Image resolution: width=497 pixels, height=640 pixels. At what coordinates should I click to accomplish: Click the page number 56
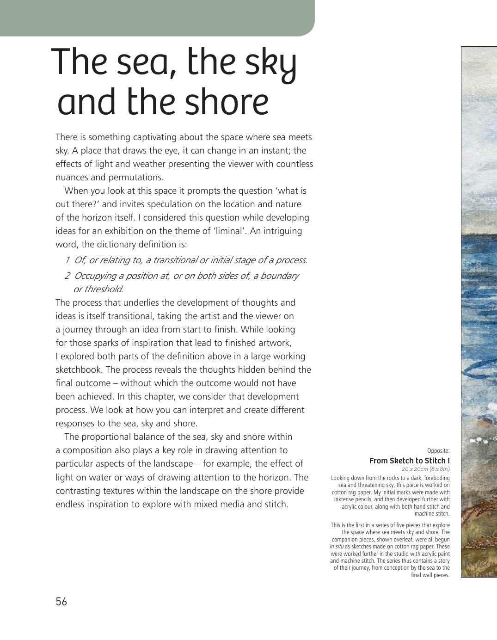(61, 602)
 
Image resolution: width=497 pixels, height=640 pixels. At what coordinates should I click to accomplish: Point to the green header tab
(157, 18)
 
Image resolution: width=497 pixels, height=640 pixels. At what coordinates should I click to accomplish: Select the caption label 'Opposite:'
(438, 451)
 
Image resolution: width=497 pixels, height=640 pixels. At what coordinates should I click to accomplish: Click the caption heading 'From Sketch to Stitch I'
(409, 461)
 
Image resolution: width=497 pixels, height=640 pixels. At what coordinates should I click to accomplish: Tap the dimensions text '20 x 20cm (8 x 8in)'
(425, 469)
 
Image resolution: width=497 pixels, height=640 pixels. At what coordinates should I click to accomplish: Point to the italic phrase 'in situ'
(337, 547)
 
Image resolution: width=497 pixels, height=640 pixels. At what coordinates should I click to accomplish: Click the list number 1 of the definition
(67, 260)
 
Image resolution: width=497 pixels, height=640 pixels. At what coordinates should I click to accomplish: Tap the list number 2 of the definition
(67, 276)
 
